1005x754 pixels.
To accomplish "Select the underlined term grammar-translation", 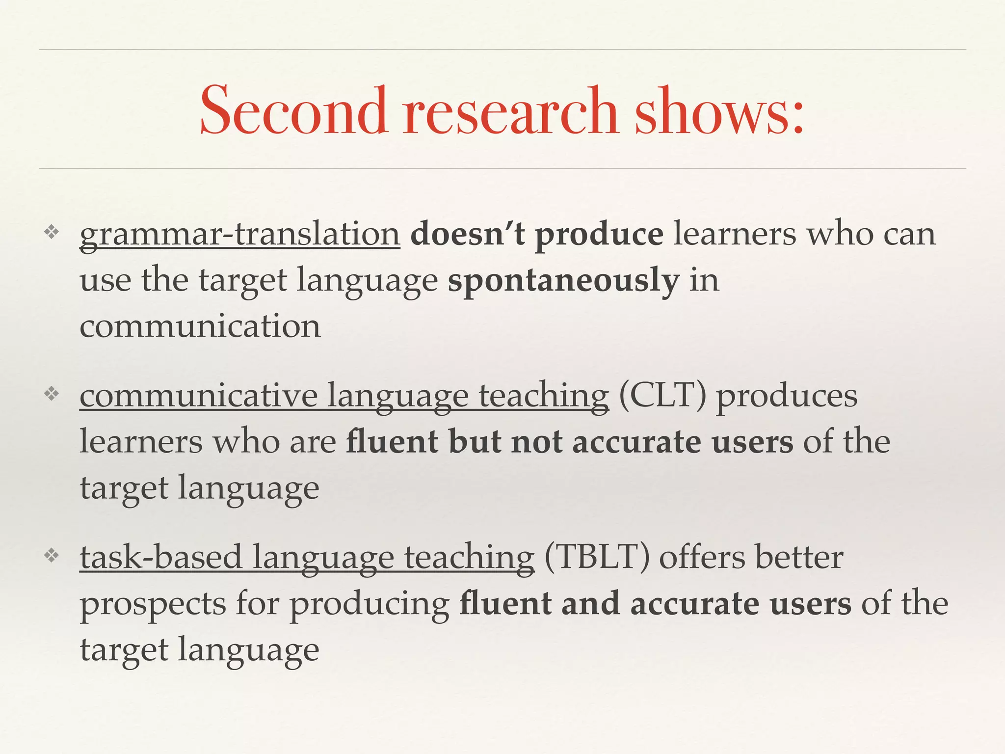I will tap(239, 235).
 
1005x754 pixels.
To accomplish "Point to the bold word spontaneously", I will tap(563, 281).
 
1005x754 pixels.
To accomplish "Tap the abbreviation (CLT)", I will tap(662, 395).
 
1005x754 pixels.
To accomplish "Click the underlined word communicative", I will tap(199, 395).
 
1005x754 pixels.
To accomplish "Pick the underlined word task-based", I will tap(161, 557).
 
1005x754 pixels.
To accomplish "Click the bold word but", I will tap(474, 442).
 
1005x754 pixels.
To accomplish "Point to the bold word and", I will tap(590, 604).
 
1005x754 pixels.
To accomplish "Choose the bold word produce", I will tap(599, 235).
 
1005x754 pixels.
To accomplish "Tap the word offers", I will tap(701, 557).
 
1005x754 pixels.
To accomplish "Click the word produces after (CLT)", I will tap(787, 396).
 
